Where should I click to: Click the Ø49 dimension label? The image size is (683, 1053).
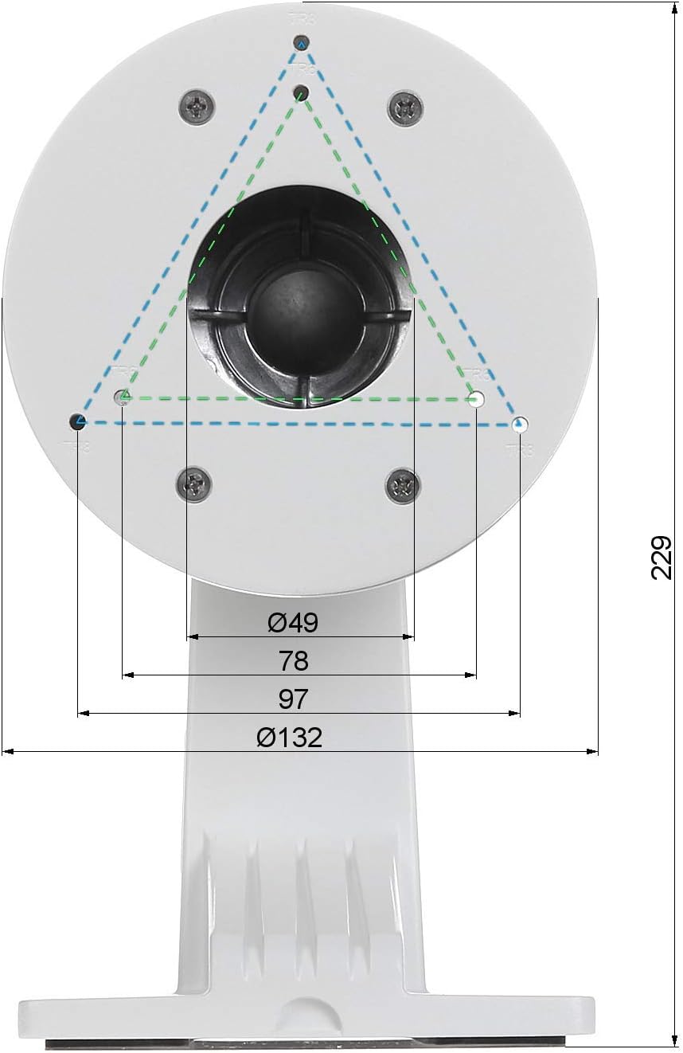click(x=293, y=623)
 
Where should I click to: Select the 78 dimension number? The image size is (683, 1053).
click(x=294, y=660)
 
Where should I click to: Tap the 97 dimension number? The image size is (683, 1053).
click(x=293, y=699)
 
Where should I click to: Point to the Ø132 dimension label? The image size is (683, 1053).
click(x=290, y=738)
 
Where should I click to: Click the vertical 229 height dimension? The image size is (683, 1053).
click(x=662, y=557)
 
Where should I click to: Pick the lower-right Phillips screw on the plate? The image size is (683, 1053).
click(x=403, y=485)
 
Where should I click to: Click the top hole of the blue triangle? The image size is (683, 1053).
click(x=301, y=43)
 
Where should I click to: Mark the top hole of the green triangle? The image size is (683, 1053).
click(x=301, y=94)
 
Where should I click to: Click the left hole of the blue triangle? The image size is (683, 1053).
click(x=78, y=421)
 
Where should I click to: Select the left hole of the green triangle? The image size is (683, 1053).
click(x=123, y=397)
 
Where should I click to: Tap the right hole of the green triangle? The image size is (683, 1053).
click(x=476, y=399)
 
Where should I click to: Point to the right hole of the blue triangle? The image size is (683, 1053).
click(x=520, y=425)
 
